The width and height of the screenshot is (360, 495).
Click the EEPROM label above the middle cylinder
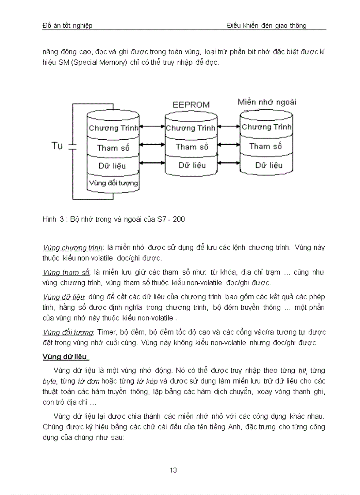pyautogui.click(x=191, y=105)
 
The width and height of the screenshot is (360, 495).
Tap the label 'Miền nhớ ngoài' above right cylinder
pyautogui.click(x=267, y=102)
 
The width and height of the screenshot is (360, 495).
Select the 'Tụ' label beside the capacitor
pyautogui.click(x=57, y=146)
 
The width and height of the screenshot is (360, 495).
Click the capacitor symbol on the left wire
pyautogui.click(x=73, y=146)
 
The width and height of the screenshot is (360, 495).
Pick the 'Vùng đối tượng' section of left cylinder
pyautogui.click(x=113, y=182)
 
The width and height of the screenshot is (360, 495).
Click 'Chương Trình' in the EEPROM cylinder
pyautogui.click(x=191, y=128)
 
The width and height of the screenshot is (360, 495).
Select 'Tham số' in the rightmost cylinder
pyautogui.click(x=265, y=146)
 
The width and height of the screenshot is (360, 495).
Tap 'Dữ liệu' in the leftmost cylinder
pyautogui.click(x=112, y=166)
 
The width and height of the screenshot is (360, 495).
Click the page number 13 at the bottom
pyautogui.click(x=173, y=470)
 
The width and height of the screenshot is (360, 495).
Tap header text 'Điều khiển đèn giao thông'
pyautogui.click(x=266, y=26)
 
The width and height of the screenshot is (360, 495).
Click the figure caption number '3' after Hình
pyautogui.click(x=61, y=219)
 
